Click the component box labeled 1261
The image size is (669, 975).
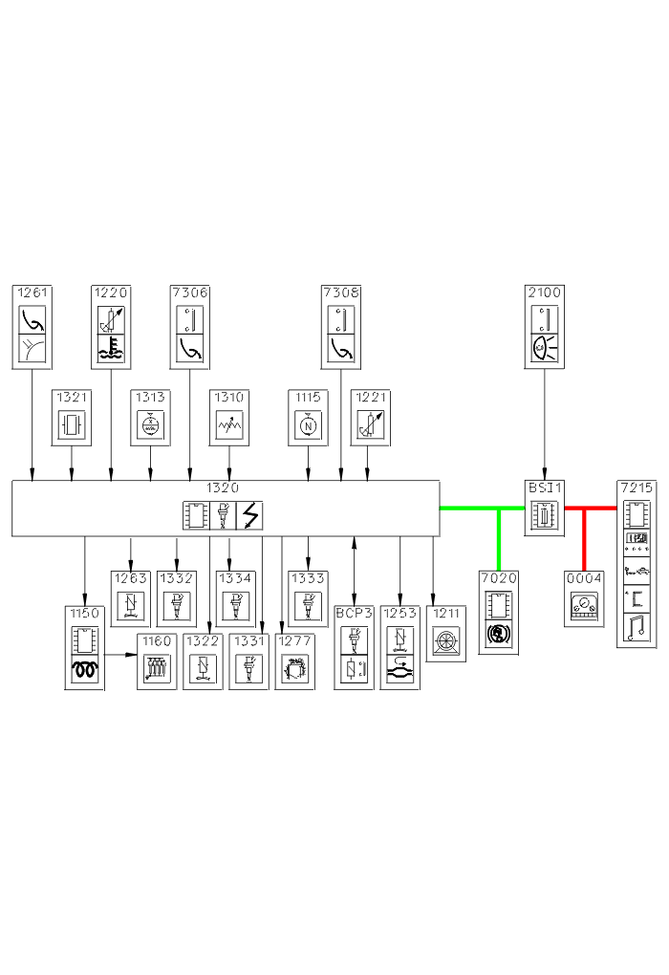pyautogui.click(x=32, y=326)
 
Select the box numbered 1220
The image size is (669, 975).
pyautogui.click(x=112, y=326)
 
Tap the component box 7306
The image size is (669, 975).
pyautogui.click(x=190, y=326)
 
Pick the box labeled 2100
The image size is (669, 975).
pyautogui.click(x=545, y=326)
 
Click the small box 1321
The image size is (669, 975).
pyautogui.click(x=72, y=418)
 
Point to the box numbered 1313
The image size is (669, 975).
pyautogui.click(x=151, y=418)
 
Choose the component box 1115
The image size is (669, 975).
pyautogui.click(x=308, y=418)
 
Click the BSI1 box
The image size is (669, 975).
pyautogui.click(x=545, y=508)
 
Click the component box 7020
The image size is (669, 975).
pyautogui.click(x=499, y=612)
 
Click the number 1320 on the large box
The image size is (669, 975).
pyautogui.click(x=223, y=487)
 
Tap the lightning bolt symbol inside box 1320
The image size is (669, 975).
pyautogui.click(x=249, y=515)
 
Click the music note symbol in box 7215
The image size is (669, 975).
pyautogui.click(x=637, y=628)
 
